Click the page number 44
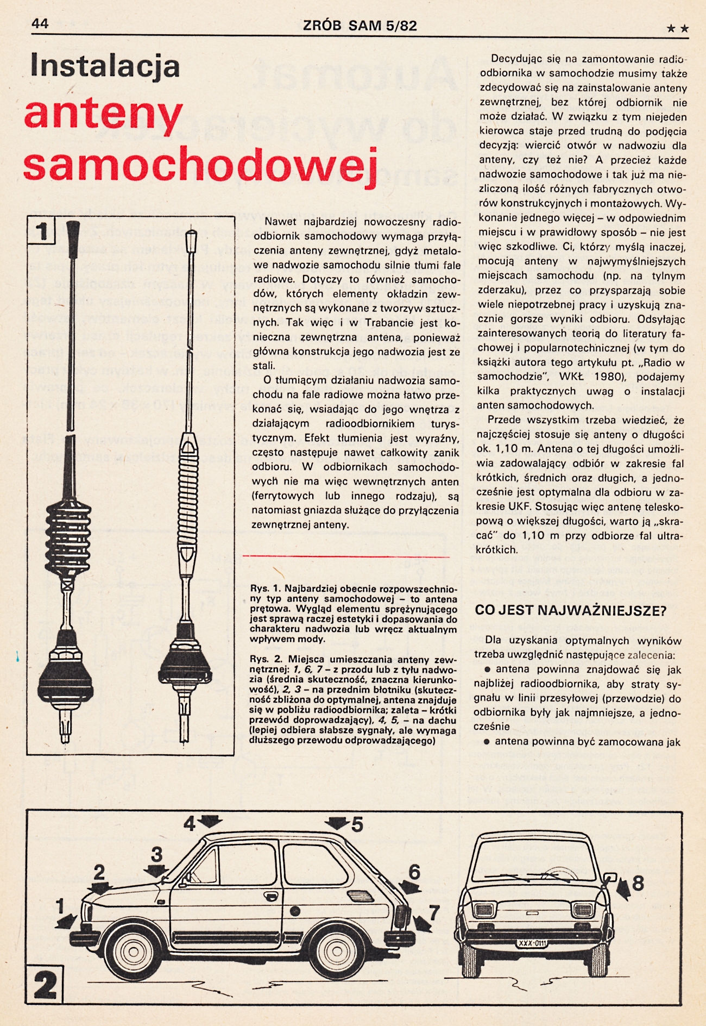coord(40,23)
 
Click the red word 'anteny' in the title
coord(103,115)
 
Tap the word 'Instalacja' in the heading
coord(105,66)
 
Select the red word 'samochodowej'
coord(200,164)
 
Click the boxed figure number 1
coord(41,232)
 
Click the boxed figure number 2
coord(45,984)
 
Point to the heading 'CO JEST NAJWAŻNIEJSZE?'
coord(570,610)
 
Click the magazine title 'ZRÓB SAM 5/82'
coord(360,26)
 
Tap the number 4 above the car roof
coord(189,824)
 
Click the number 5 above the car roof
coord(357,824)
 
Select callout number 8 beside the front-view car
coord(638,883)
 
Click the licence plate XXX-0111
coord(532,943)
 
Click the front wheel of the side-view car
coord(131,953)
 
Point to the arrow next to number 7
coord(422,923)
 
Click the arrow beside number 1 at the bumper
coord(67,921)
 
